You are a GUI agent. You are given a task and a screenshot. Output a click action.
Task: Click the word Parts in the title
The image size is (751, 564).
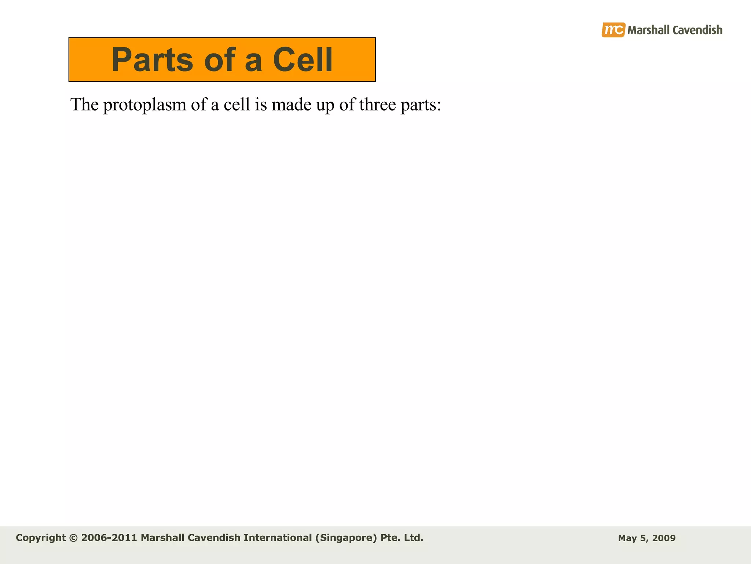pyautogui.click(x=152, y=60)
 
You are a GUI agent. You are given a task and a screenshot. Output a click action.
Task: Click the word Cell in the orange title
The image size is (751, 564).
pyautogui.click(x=303, y=60)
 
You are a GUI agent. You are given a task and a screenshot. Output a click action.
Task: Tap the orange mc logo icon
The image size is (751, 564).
pyautogui.click(x=613, y=30)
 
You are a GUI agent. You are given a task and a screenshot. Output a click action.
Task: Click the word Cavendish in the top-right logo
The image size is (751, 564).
pyautogui.click(x=697, y=30)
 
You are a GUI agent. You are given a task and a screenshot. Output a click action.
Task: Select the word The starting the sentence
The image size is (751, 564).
pyautogui.click(x=85, y=105)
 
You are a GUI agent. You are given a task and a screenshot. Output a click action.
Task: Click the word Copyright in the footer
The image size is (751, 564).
pyautogui.click(x=41, y=538)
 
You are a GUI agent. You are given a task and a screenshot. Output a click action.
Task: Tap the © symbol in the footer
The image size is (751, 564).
pyautogui.click(x=73, y=538)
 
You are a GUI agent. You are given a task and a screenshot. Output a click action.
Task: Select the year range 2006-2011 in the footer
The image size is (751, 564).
pyautogui.click(x=109, y=538)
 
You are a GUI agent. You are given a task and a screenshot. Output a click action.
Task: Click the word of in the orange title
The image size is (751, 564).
pyautogui.click(x=219, y=60)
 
